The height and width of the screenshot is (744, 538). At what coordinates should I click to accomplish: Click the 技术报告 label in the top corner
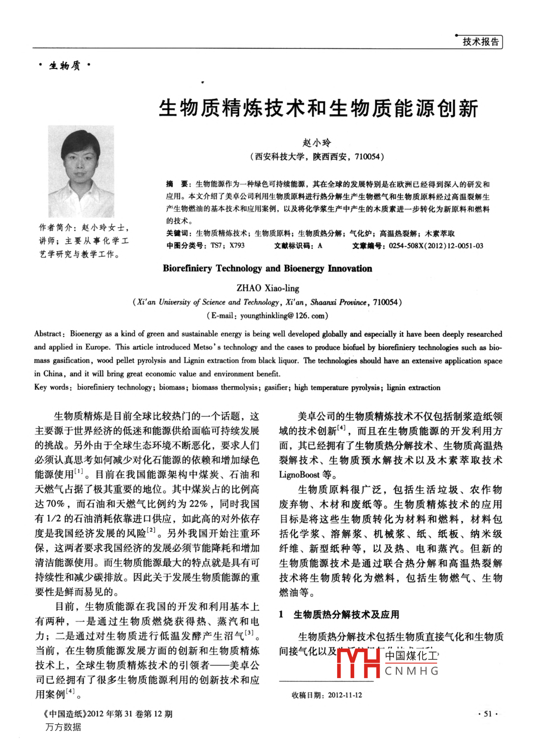pyautogui.click(x=481, y=42)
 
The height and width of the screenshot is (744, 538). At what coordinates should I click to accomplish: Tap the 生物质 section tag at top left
pyautogui.click(x=65, y=66)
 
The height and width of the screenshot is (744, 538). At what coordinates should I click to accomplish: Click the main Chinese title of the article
pyautogui.click(x=318, y=108)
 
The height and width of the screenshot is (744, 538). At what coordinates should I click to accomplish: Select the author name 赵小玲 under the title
pyautogui.click(x=317, y=143)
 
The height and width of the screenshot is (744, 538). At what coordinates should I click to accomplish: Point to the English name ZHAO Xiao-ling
pyautogui.click(x=268, y=288)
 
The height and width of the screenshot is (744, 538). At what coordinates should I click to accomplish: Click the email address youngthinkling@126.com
pyautogui.click(x=282, y=316)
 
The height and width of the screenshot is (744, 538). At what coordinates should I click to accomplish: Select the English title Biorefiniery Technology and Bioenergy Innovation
pyautogui.click(x=267, y=268)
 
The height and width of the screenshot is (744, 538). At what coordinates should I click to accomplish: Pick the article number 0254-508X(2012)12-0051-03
pyautogui.click(x=436, y=246)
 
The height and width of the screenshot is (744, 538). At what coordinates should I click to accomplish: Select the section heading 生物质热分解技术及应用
pyautogui.click(x=346, y=614)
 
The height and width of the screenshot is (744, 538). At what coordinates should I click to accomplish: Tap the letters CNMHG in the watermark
pyautogui.click(x=411, y=671)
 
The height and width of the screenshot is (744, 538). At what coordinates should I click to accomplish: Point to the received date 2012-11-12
pyautogui.click(x=345, y=695)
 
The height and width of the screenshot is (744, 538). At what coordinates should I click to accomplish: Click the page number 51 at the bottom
pyautogui.click(x=487, y=714)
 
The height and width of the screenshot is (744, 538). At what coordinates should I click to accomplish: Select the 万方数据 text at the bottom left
pyautogui.click(x=63, y=727)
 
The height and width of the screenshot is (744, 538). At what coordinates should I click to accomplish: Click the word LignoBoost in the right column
pyautogui.click(x=300, y=475)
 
